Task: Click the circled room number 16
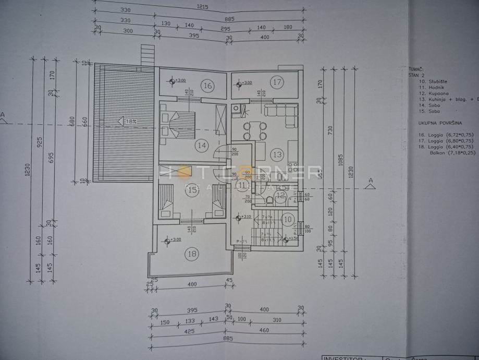(207, 86)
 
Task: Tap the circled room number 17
(277, 82)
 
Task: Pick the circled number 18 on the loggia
(191, 254)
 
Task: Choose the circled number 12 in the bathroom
(281, 196)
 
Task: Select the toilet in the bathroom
(269, 201)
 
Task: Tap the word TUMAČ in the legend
(416, 68)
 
